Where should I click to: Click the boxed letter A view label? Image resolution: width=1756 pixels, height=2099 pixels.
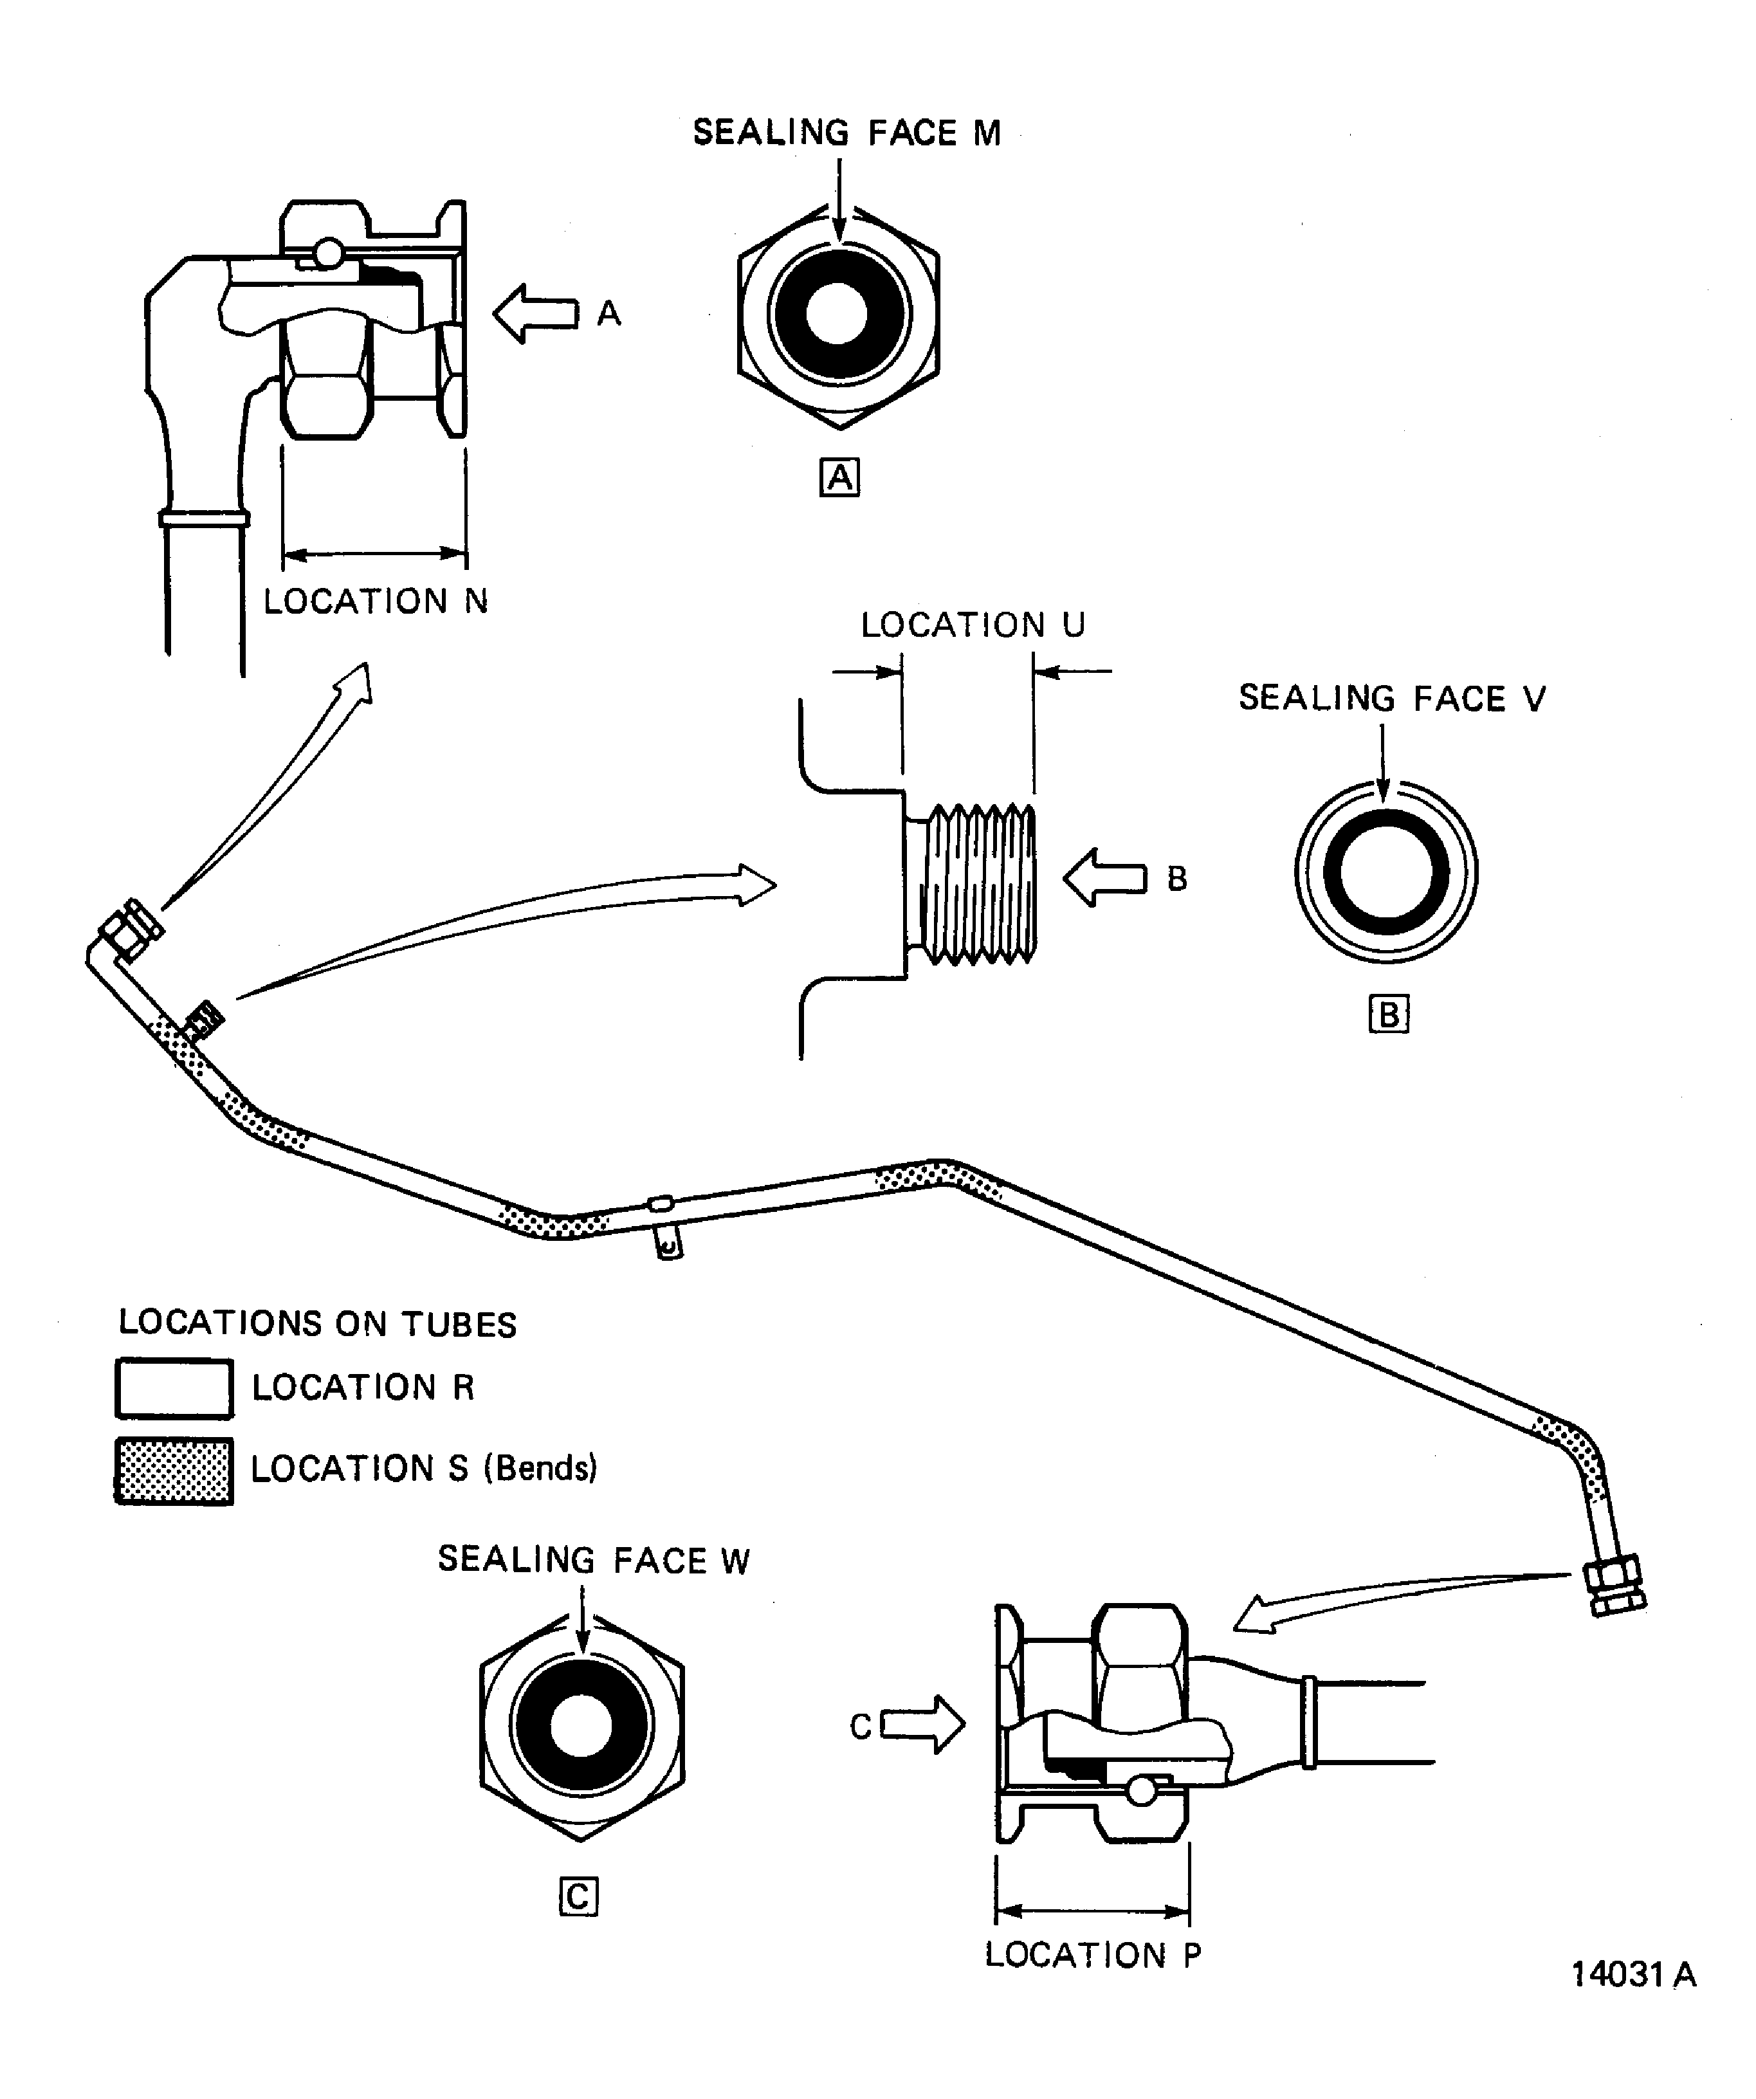pos(839,478)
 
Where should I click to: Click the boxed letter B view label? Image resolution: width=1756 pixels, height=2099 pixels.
pos(1388,1014)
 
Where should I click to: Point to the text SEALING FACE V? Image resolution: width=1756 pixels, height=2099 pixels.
pos(1391,698)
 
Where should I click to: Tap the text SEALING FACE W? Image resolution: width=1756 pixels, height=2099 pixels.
pos(594,1560)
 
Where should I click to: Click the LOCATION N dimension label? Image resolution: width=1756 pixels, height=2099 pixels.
pos(376,601)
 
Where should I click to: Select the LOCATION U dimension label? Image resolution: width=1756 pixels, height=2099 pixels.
pos(973,625)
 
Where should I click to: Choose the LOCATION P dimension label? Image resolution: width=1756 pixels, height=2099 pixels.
pos(1092,1954)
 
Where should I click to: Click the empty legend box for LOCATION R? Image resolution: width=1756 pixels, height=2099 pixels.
pos(174,1388)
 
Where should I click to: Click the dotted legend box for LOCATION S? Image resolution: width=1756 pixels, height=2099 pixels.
pos(174,1471)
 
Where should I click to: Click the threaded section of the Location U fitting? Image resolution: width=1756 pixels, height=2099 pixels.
pos(976,884)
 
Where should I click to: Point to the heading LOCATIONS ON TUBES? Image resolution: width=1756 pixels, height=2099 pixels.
pos(317,1323)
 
